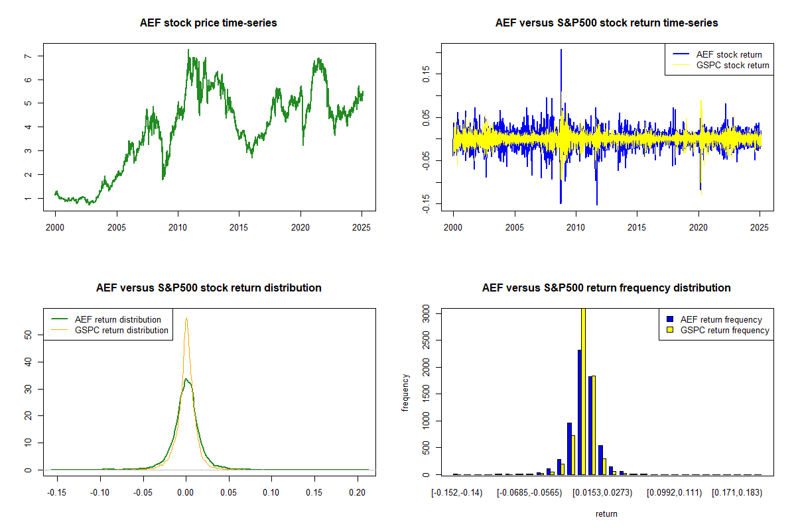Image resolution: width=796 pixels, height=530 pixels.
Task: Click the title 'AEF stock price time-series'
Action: point(208,23)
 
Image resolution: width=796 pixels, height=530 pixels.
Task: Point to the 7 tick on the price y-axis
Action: point(27,56)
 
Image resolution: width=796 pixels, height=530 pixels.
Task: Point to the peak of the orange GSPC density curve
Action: point(186,319)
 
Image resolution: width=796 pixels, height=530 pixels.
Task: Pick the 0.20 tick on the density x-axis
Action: point(358,494)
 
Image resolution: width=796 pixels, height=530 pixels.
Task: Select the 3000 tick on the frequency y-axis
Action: point(425,316)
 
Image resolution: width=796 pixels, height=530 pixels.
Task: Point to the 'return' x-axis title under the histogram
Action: point(606,513)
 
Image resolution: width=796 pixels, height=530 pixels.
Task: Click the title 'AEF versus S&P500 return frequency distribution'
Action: point(606,288)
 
